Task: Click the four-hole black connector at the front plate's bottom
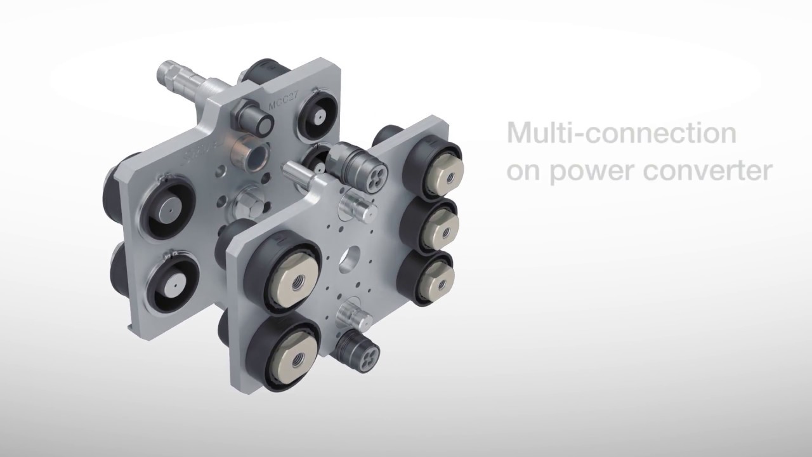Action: click(x=364, y=349)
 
